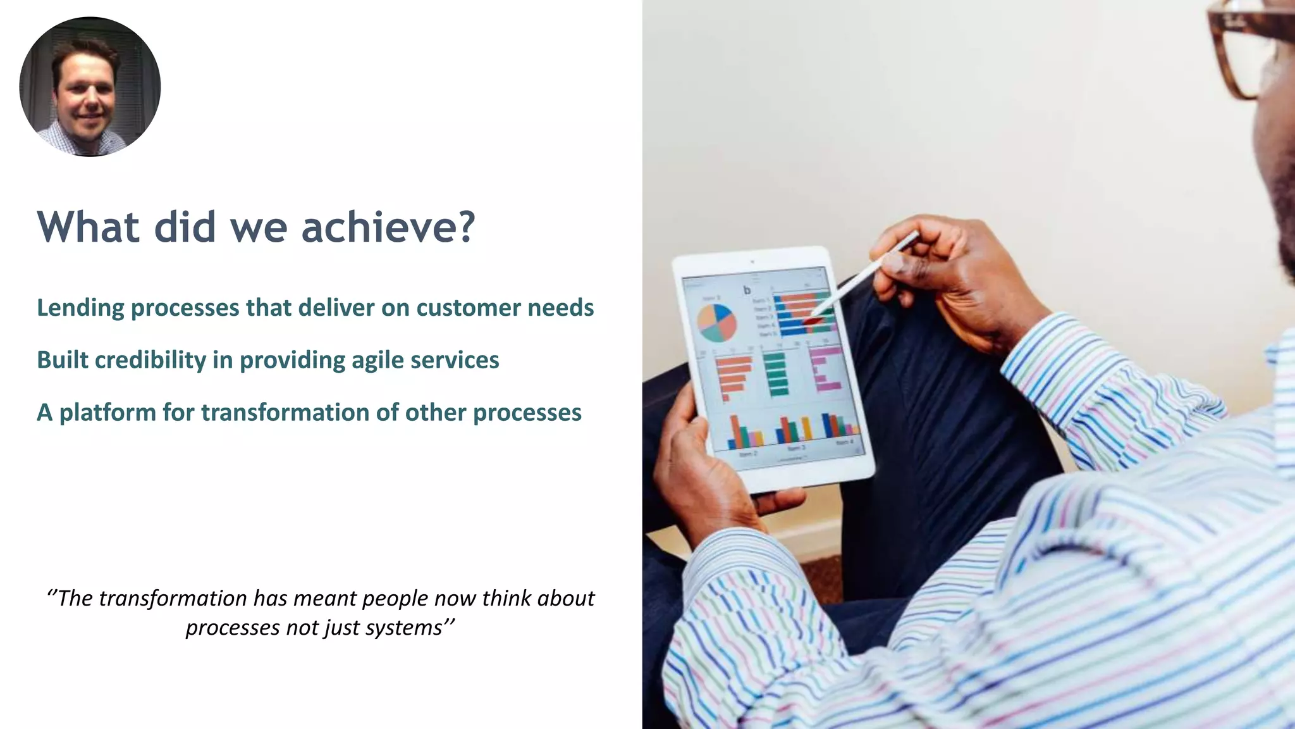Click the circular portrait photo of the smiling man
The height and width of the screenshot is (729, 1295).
point(90,87)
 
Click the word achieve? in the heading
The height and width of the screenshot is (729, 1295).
point(388,227)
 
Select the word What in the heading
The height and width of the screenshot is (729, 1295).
point(88,227)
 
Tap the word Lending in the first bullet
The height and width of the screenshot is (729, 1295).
point(80,308)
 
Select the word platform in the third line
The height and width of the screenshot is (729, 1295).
point(107,413)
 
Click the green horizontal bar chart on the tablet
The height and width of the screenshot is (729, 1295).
point(775,373)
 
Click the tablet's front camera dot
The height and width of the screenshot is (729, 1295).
point(752,261)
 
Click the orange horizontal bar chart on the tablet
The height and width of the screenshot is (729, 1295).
point(733,377)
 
